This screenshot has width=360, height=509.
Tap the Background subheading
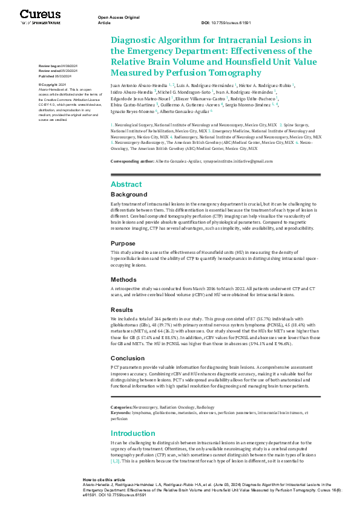click(128, 195)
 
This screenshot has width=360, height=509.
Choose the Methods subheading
click(124, 280)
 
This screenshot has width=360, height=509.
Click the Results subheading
click(123, 308)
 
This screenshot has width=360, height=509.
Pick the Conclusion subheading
click(128, 357)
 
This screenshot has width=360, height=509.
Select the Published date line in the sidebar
click(55, 77)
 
